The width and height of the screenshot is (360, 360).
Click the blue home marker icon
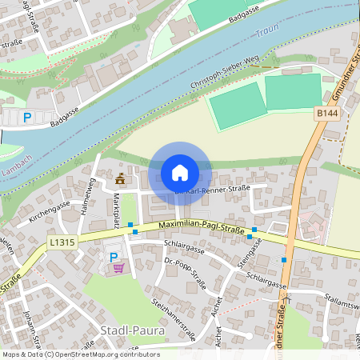pyautogui.click(x=180, y=173)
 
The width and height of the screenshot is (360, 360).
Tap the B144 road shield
pyautogui.click(x=325, y=115)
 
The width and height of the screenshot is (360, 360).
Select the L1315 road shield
pyautogui.click(x=62, y=241)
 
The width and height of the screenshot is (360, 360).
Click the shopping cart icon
pyautogui.click(x=119, y=268)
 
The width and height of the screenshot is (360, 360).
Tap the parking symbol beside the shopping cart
pyautogui.click(x=113, y=258)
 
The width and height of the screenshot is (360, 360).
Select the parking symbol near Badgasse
pyautogui.click(x=26, y=118)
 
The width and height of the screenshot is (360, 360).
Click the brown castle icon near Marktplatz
pyautogui.click(x=120, y=178)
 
